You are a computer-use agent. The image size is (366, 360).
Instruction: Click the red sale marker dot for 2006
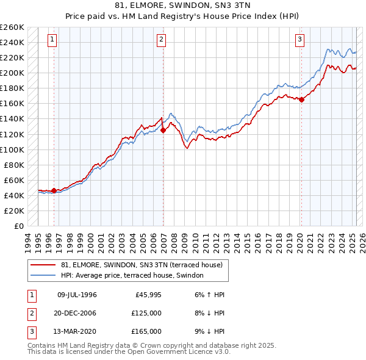(163, 129)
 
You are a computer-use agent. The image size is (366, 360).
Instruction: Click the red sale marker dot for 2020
(301, 99)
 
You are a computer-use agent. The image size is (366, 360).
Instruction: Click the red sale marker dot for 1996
(54, 190)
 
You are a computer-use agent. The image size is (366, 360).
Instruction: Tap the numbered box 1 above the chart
(52, 40)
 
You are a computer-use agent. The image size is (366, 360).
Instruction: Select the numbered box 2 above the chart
(161, 40)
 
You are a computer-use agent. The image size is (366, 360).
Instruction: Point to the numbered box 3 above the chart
(300, 40)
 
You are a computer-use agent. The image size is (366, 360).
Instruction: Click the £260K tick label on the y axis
(12, 27)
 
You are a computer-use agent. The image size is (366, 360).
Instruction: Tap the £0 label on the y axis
(18, 226)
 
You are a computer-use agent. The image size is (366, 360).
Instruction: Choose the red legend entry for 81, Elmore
(145, 265)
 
